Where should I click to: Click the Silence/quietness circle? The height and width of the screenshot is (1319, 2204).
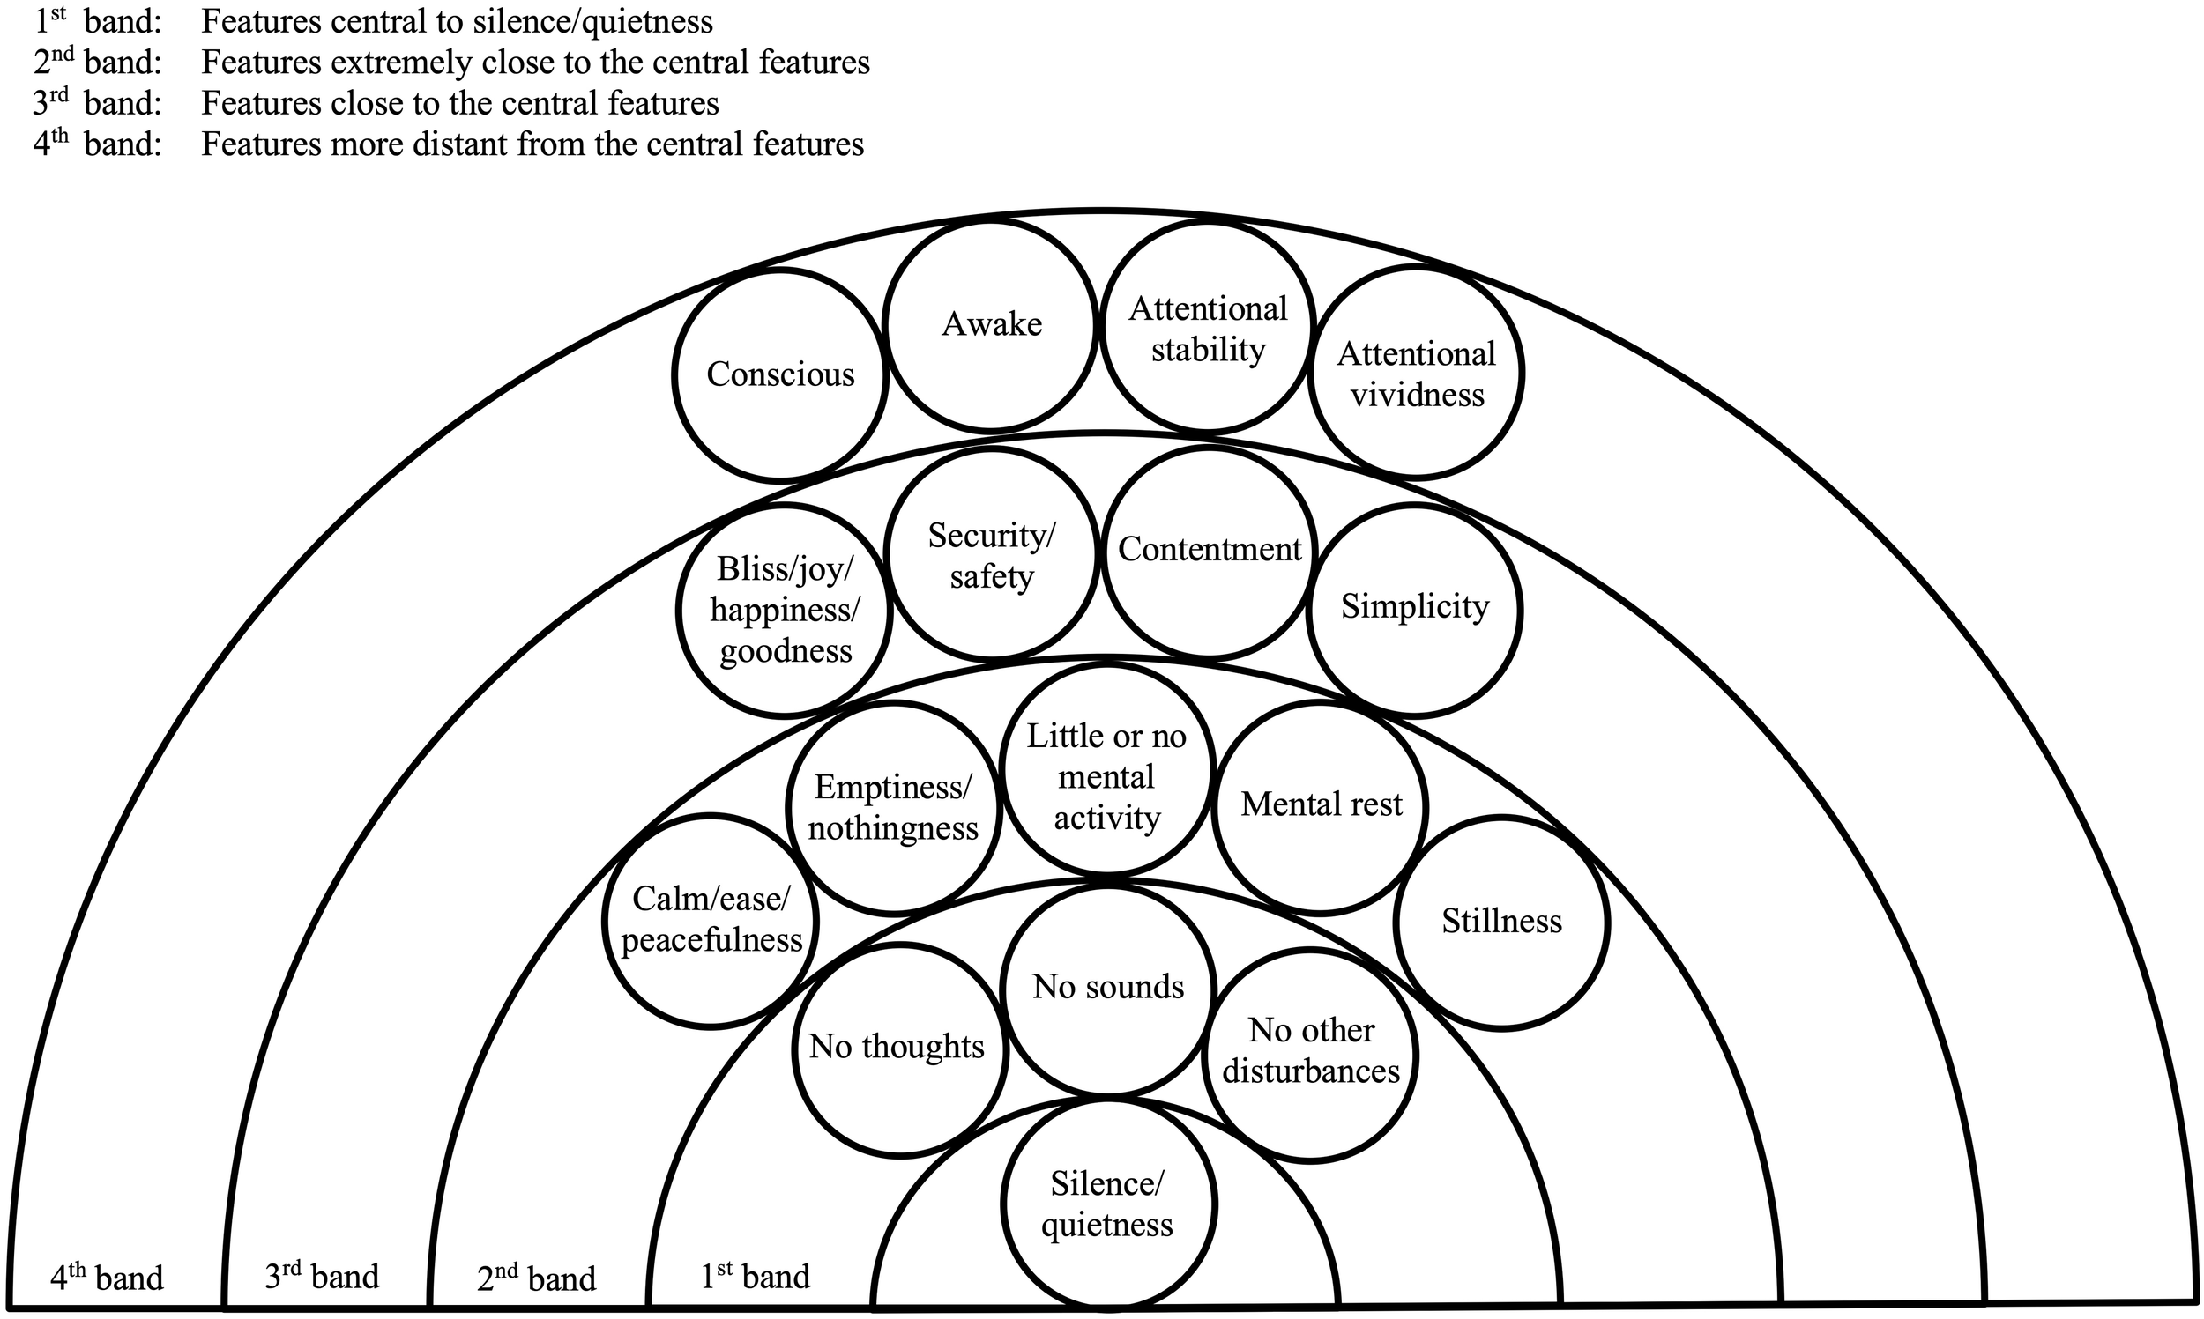coord(1108,1205)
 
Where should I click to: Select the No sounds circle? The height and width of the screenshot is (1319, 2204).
coord(1108,989)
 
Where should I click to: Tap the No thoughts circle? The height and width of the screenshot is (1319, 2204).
coord(898,1049)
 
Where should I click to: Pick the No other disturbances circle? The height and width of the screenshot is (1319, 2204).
coord(1311,1053)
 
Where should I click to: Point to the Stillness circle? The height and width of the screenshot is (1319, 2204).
coord(1501,922)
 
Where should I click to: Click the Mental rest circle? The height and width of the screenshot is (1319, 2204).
coord(1321,805)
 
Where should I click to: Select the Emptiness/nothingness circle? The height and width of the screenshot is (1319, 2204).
coord(894,807)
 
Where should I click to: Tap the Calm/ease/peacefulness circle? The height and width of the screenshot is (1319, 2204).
coord(711,921)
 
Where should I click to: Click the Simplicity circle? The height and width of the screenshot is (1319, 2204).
coord(1414,609)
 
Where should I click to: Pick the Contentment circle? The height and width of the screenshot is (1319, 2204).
coord(1210,551)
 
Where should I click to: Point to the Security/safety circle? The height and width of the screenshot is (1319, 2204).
coord(991,555)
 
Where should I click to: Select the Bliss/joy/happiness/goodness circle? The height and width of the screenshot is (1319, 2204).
coord(785,610)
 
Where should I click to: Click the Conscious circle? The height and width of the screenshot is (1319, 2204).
coord(780,375)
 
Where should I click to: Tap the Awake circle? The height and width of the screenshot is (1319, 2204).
coord(991,324)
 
